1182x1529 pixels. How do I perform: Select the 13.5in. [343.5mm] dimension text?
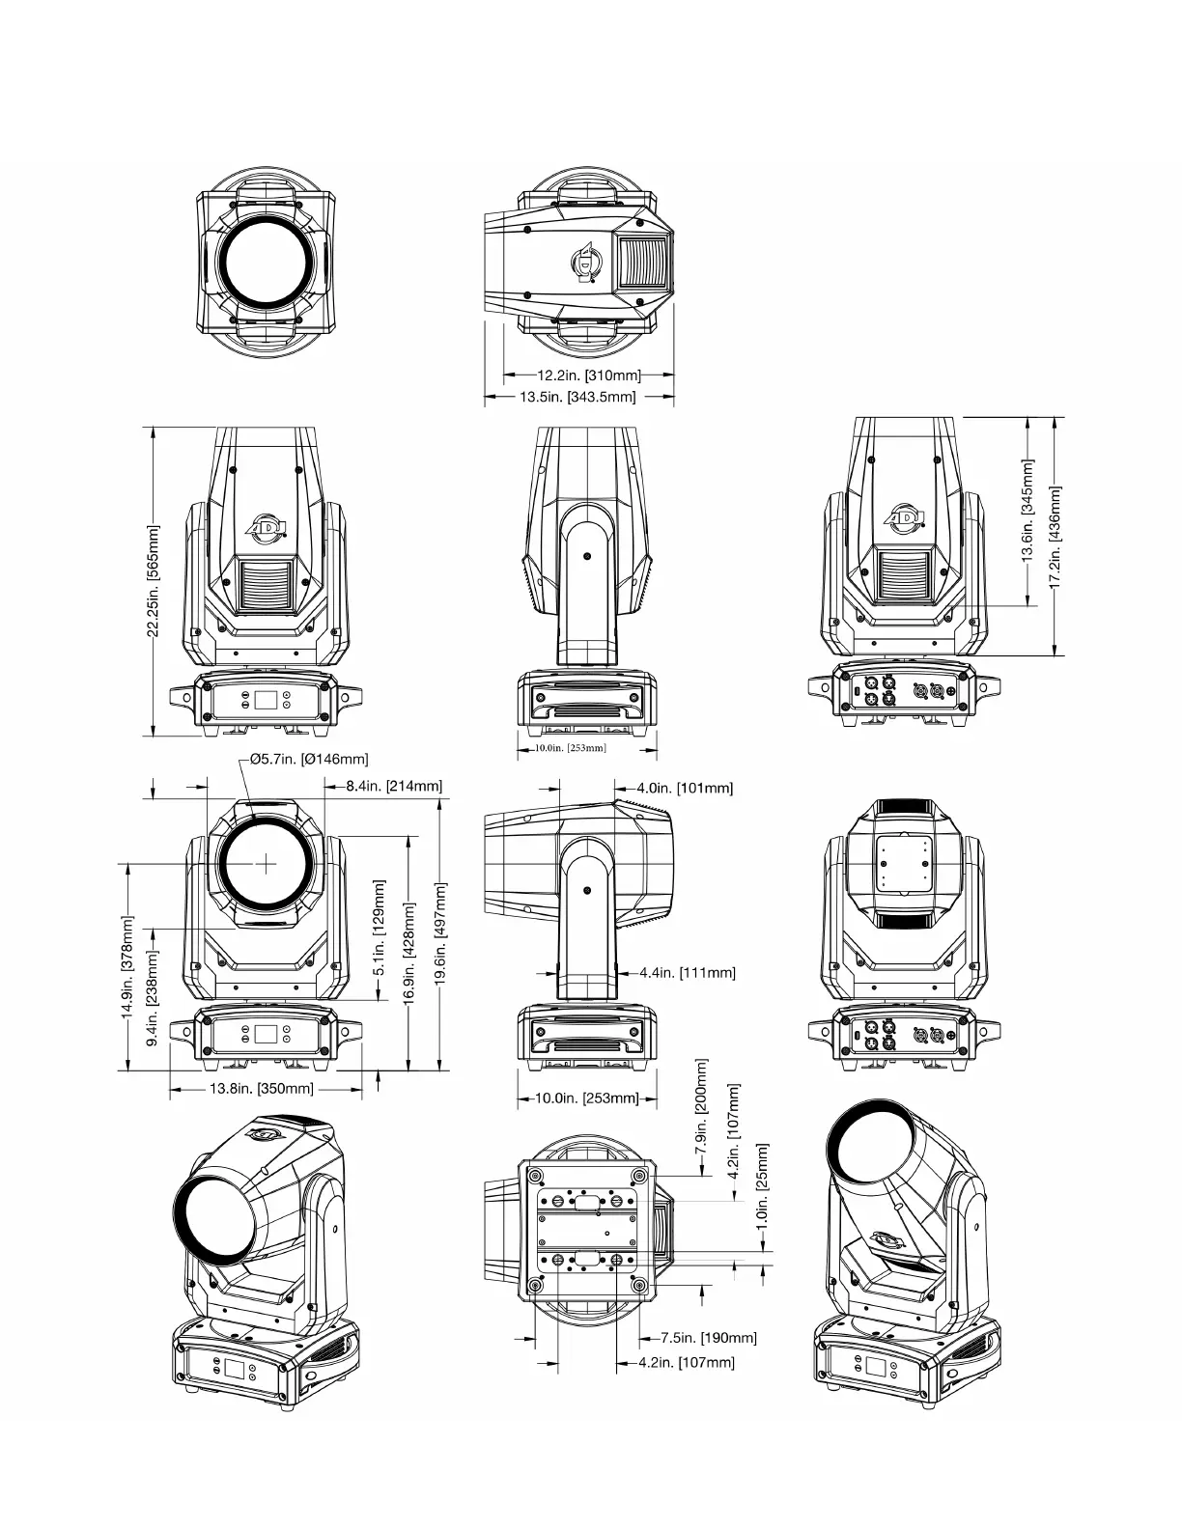(577, 397)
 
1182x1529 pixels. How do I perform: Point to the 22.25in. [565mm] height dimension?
(153, 580)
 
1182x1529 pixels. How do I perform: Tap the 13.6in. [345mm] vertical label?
(1027, 511)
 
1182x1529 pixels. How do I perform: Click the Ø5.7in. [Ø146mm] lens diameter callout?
(309, 759)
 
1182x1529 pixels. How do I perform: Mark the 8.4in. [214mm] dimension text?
(394, 786)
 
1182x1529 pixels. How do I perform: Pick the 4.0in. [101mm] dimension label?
(685, 788)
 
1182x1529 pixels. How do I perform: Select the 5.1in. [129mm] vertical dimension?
(379, 928)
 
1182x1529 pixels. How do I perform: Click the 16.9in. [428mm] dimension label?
(409, 953)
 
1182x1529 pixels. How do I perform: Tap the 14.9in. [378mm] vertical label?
(127, 966)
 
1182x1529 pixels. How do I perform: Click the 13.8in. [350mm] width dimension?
(261, 1089)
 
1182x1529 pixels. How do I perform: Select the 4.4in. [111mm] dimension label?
(688, 972)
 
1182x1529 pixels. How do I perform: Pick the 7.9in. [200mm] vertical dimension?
(701, 1105)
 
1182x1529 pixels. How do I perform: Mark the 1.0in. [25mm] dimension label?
(762, 1185)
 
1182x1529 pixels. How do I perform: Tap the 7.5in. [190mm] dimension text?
(709, 1337)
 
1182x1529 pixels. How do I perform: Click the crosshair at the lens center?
(266, 863)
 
